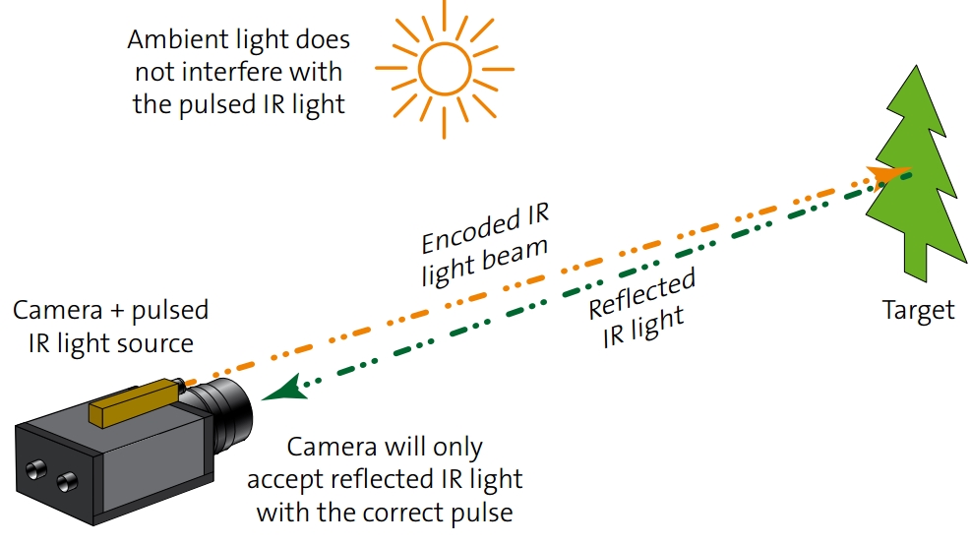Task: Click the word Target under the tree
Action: click(918, 311)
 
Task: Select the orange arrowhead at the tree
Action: click(891, 174)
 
